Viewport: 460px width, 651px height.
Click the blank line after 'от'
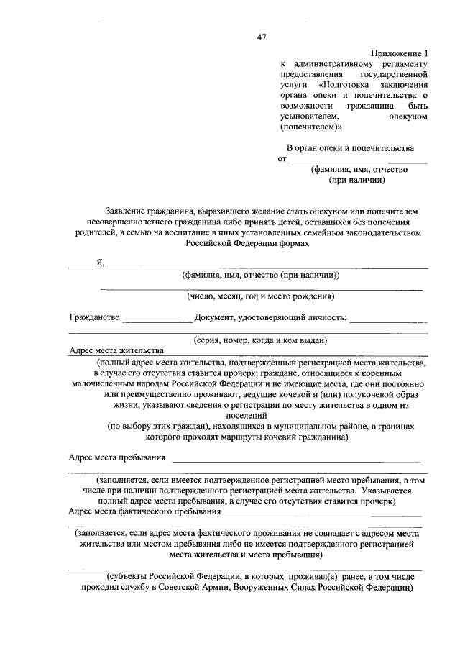tap(358, 162)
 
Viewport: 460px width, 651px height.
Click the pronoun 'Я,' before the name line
tap(101, 263)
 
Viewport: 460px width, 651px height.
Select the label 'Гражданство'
tap(93, 317)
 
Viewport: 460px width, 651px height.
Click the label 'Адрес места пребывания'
tap(117, 457)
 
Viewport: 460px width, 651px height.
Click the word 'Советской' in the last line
tap(214, 586)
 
